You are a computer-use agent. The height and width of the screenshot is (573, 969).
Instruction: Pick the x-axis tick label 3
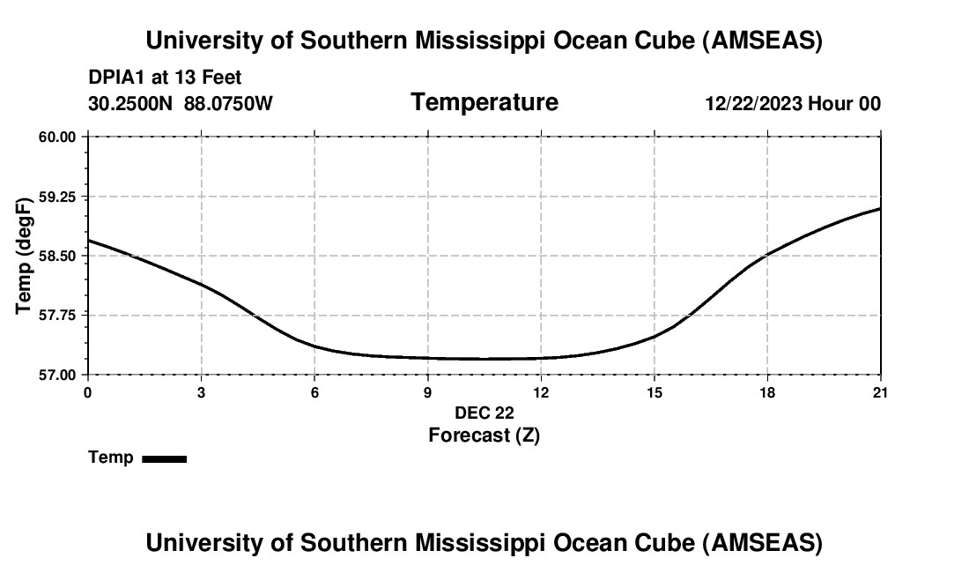[x=202, y=391]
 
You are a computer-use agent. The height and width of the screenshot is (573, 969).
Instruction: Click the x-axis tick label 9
[x=428, y=391]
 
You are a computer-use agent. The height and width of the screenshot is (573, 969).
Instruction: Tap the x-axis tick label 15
[x=655, y=391]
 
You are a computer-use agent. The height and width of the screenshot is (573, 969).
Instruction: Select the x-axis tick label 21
[x=880, y=391]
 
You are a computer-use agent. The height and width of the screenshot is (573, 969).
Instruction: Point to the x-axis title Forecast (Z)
[x=484, y=435]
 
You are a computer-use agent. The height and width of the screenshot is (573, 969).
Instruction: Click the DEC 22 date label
[x=484, y=413]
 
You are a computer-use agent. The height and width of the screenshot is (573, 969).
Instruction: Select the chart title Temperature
[x=484, y=102]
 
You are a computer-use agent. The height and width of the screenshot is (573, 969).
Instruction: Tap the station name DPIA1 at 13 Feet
[x=165, y=78]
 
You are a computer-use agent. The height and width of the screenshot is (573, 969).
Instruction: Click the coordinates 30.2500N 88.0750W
[x=181, y=104]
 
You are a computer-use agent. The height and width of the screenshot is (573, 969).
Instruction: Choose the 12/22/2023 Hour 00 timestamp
[x=792, y=104]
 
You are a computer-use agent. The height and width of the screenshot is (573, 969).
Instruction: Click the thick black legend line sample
[x=164, y=458]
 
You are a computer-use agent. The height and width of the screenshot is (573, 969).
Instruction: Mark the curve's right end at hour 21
[x=880, y=208]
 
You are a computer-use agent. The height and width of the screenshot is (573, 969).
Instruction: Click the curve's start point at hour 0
[x=88, y=240]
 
